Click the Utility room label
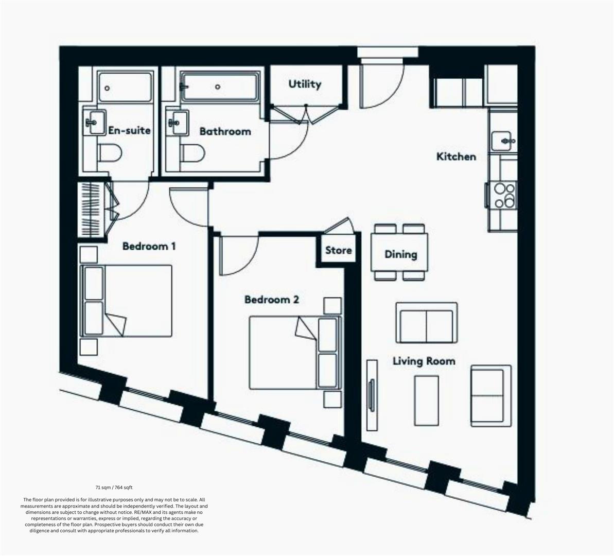[305, 84]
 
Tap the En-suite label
[129, 130]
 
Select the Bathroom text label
[225, 131]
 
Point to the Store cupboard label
[338, 250]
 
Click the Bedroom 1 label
[149, 246]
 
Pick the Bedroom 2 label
[272, 300]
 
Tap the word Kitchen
[456, 157]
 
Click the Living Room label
[424, 361]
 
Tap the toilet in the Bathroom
[192, 153]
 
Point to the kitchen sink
[502, 141]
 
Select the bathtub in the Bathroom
[220, 87]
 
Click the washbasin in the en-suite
[95, 122]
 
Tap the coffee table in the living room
[427, 401]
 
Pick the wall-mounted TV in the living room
[372, 396]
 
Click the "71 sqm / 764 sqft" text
[114, 488]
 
